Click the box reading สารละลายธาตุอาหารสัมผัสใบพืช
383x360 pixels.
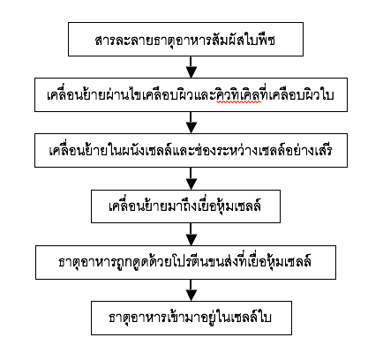pos(185,39)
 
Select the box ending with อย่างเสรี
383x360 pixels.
pos(191,150)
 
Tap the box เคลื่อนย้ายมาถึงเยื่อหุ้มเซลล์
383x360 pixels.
pos(185,206)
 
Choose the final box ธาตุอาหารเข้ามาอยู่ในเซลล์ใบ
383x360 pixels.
pos(191,318)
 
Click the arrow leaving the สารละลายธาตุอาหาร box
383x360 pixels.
pos(191,67)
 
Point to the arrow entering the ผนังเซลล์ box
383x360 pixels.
pos(191,123)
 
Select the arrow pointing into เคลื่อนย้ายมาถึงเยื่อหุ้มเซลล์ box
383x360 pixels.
pos(191,178)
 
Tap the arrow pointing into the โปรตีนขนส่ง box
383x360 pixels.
pos(191,234)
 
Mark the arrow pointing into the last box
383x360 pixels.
pos(191,290)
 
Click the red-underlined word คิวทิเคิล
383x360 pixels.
pos(238,94)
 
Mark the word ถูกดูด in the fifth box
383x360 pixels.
pos(130,262)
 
